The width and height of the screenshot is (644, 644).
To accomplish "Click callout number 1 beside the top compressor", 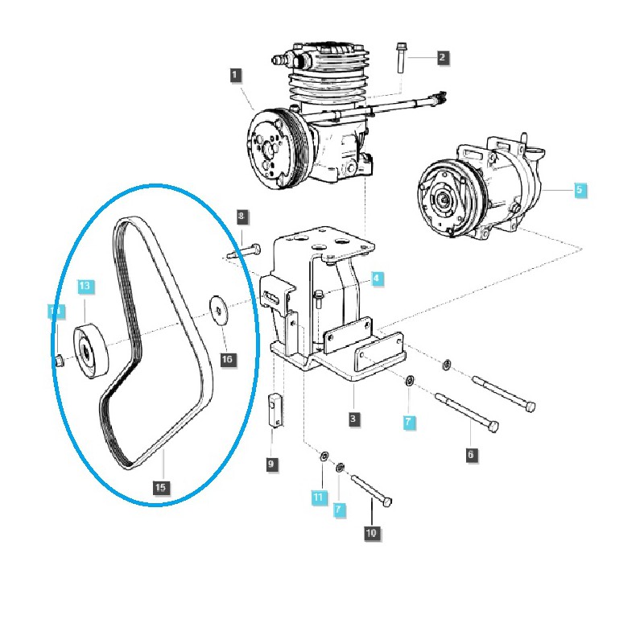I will (x=235, y=75).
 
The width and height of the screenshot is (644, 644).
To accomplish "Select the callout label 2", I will (x=442, y=57).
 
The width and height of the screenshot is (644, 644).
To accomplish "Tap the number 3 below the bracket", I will (x=354, y=419).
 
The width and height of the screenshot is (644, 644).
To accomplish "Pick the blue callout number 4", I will (x=377, y=279).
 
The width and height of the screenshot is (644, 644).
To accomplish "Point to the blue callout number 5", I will (x=580, y=191).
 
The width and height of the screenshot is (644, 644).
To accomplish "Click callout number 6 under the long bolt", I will (x=471, y=455).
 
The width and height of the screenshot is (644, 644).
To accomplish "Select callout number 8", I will (x=241, y=217).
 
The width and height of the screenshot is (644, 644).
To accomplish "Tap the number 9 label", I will (x=272, y=464).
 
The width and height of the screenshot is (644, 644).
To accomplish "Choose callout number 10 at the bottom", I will (x=371, y=532).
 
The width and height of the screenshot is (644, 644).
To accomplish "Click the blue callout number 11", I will (x=319, y=498).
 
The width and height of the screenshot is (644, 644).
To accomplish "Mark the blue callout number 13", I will (x=85, y=287).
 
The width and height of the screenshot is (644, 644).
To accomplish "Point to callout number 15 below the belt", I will (x=160, y=487).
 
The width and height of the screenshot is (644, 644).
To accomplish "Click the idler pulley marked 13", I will (x=91, y=349).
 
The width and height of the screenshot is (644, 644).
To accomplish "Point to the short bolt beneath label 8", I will (x=242, y=253).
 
